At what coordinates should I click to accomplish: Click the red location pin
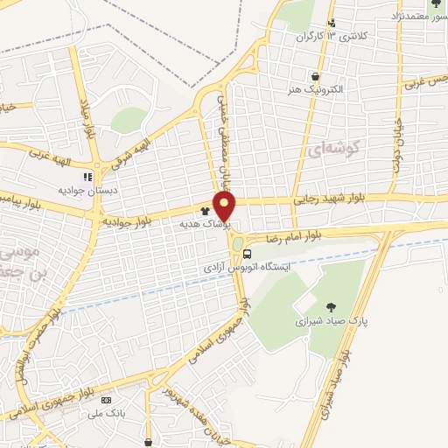click(x=226, y=206)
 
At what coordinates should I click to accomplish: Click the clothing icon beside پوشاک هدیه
click(x=205, y=211)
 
